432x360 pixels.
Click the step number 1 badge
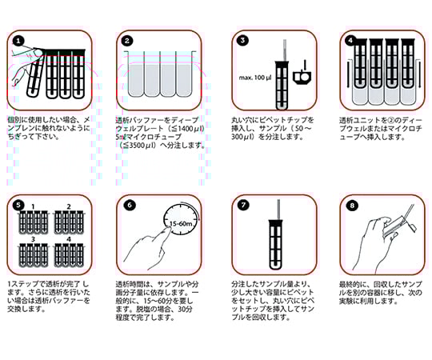tap(18, 40)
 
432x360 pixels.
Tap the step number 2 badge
tap(128, 40)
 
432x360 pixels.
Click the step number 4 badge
tap(350, 40)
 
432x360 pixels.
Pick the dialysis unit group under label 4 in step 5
tap(72, 256)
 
